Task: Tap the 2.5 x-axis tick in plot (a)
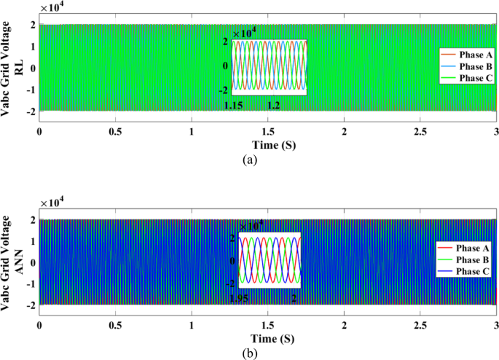click(x=420, y=131)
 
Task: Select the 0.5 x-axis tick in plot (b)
click(x=115, y=326)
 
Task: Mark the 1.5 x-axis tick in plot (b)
click(x=267, y=326)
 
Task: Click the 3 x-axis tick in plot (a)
click(x=495, y=131)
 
